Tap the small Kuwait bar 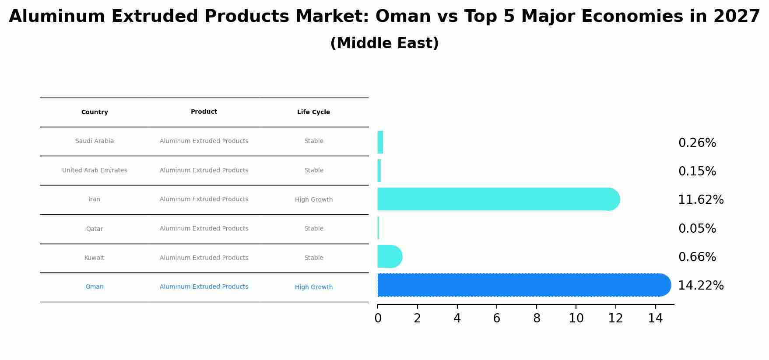click(389, 257)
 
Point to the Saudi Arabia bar click(380, 142)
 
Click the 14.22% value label click(701, 286)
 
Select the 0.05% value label click(697, 229)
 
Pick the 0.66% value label click(697, 257)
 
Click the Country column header click(95, 112)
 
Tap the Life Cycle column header click(313, 112)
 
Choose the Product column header click(204, 112)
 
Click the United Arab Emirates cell click(95, 171)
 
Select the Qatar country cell click(95, 229)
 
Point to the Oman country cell click(95, 287)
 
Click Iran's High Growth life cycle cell click(313, 200)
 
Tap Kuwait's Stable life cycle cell click(313, 258)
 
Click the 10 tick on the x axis click(576, 318)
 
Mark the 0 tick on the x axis click(378, 318)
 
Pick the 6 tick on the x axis click(497, 318)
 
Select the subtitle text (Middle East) click(384, 43)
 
